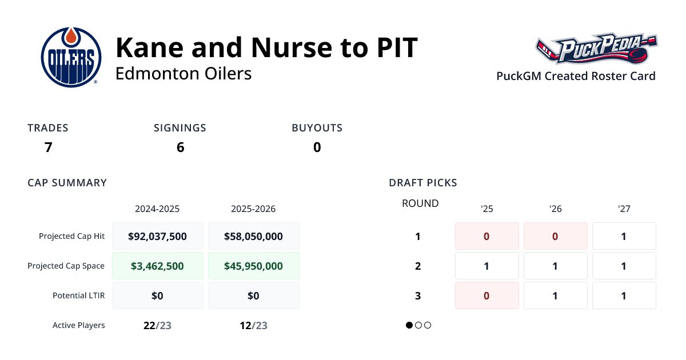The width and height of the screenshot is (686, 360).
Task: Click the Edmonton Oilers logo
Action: (71, 57)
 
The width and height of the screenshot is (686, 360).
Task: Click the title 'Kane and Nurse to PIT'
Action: (266, 48)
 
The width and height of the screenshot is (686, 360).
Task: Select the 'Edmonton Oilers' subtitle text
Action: (184, 74)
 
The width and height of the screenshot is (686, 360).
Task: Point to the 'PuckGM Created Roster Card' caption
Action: (576, 76)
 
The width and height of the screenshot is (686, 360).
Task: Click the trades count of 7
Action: (48, 147)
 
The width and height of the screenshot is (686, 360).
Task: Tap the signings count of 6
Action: (180, 147)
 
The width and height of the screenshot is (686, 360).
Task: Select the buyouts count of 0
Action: (317, 147)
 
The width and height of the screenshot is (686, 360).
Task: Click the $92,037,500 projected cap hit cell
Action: (157, 236)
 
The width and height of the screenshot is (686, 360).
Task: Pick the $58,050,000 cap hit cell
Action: (253, 236)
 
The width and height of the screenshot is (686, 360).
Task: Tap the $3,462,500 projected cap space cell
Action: (157, 266)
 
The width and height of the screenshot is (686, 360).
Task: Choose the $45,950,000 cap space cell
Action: (253, 266)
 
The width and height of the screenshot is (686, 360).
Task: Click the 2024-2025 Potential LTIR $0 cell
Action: (157, 295)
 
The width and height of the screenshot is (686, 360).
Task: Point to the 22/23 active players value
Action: (157, 325)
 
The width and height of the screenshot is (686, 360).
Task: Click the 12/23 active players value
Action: (253, 325)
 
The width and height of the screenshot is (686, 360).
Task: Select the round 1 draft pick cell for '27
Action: (624, 236)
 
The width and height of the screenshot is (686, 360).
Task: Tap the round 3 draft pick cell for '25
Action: (486, 295)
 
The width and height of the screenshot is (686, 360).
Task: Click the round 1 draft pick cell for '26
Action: (555, 236)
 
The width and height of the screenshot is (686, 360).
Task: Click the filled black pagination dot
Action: (409, 325)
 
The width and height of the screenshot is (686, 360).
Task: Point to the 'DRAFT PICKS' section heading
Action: (422, 183)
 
